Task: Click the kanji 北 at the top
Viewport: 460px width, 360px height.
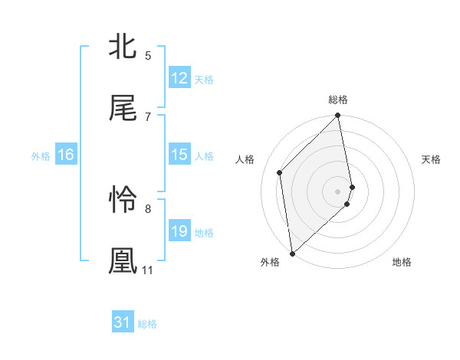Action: coord(123,46)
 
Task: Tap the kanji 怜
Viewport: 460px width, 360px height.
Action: coord(123,200)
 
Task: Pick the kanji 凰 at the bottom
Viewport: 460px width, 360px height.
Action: coord(123,260)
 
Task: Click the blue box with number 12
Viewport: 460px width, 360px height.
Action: coord(179,78)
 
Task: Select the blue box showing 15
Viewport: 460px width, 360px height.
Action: coord(179,155)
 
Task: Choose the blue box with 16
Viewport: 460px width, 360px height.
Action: coord(66,155)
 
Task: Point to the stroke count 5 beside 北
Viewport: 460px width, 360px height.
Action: coord(148,56)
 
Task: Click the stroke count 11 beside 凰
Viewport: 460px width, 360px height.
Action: coord(147,270)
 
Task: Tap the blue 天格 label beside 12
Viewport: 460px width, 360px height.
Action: coord(204,79)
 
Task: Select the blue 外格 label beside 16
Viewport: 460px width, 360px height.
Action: coord(41,156)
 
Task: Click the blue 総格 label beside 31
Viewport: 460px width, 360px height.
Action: coord(147,324)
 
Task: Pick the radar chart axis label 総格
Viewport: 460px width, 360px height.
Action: coord(338,100)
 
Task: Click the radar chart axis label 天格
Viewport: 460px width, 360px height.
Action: coord(431,159)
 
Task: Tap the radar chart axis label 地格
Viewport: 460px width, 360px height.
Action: coord(402,263)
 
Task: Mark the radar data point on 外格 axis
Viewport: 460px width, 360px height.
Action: coord(292,253)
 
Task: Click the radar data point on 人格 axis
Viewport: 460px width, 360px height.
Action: coord(280,172)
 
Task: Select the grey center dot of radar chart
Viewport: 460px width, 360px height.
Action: coord(338,191)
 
